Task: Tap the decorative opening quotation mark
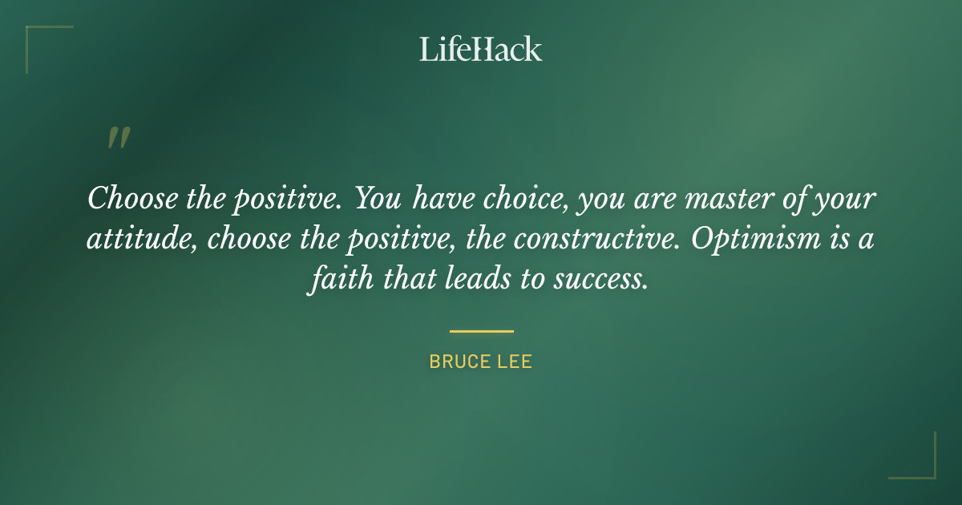(118, 138)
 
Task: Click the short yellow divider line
(481, 330)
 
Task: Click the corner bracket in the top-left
(36, 36)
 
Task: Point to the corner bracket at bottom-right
(925, 468)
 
